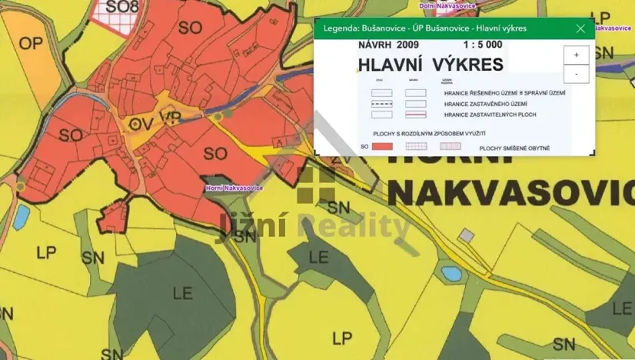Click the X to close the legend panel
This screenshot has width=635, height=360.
pos(580,28)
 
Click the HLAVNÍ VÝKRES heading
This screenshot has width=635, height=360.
pos(431,63)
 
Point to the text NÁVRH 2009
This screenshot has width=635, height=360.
pos(387,45)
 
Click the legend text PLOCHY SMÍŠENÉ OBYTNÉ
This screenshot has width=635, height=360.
pos(514,147)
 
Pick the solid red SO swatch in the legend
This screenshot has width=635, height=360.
pos(382,146)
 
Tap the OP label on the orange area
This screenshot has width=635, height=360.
pos(31,44)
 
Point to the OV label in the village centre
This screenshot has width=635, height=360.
pos(138,122)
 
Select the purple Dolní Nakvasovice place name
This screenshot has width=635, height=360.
pos(447,5)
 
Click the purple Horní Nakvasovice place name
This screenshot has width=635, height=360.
pos(234,188)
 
